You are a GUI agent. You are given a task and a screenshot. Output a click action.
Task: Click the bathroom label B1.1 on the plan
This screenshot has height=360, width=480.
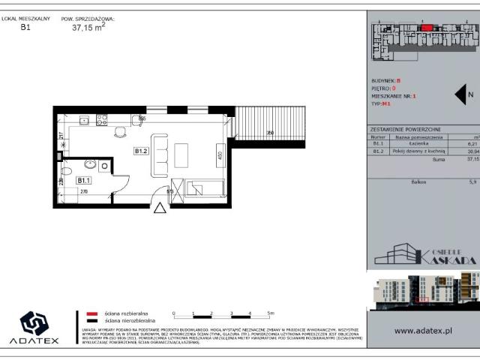click(x=83, y=180)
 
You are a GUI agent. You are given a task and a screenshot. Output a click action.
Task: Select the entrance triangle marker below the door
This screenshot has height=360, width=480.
click(x=159, y=208)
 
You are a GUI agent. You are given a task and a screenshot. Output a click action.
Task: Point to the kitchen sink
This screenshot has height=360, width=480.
click(x=85, y=119)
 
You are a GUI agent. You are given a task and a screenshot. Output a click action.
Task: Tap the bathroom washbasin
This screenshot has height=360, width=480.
click(x=90, y=164)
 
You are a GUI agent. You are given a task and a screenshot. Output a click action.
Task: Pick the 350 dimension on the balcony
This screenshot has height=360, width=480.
click(x=269, y=133)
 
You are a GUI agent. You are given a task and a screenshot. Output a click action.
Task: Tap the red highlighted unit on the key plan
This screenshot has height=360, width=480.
click(x=426, y=28)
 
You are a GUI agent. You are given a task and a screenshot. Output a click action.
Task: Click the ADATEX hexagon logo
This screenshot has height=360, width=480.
click(x=34, y=324)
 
